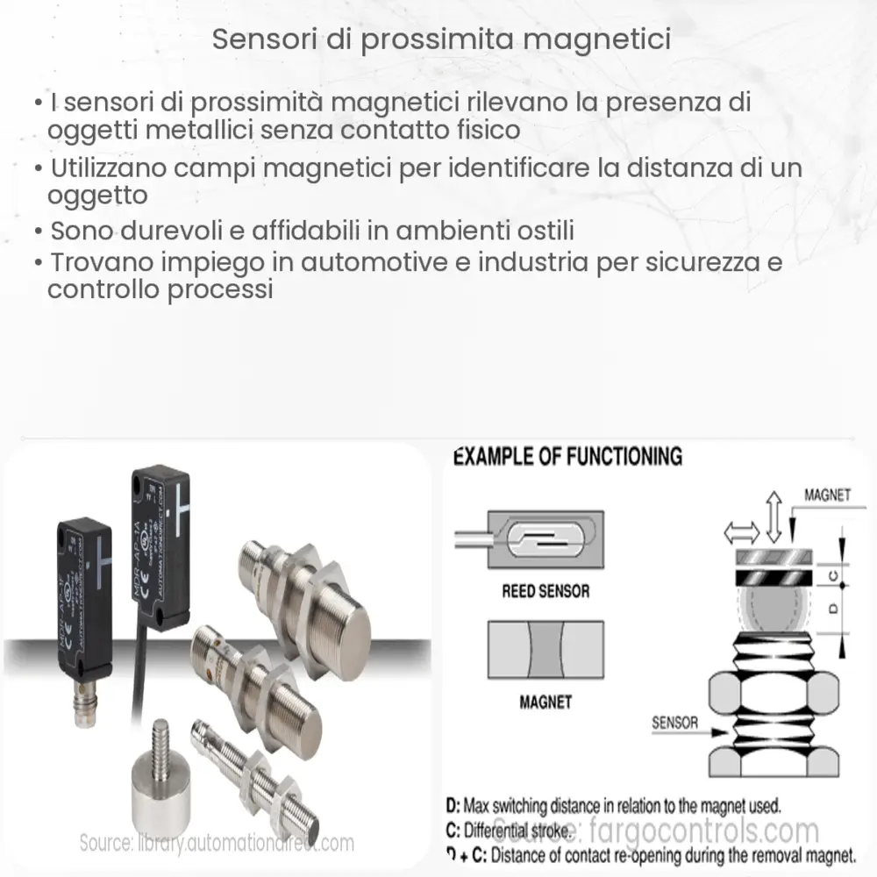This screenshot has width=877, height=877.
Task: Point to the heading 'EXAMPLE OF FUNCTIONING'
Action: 567,456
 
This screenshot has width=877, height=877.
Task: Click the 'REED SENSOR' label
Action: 545,591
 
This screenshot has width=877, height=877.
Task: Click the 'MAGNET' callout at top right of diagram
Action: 827,496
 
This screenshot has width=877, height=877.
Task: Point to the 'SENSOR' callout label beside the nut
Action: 675,723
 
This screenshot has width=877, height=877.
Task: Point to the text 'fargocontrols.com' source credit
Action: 701,830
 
